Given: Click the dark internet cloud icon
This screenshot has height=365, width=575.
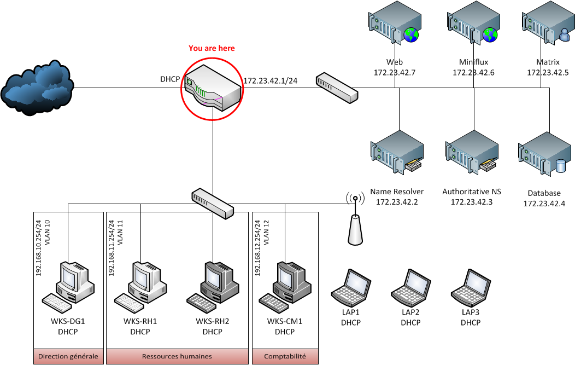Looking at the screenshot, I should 37,88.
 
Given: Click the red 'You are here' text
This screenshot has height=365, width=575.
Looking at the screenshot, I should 212,48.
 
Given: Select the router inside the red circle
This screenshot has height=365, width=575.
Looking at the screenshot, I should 212,88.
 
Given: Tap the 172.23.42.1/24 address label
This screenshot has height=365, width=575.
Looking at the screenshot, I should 270,81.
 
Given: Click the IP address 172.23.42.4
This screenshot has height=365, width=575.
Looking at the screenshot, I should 544,204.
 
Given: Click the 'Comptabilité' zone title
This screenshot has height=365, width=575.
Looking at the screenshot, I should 285,357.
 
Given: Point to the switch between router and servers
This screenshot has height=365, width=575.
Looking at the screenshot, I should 337,88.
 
